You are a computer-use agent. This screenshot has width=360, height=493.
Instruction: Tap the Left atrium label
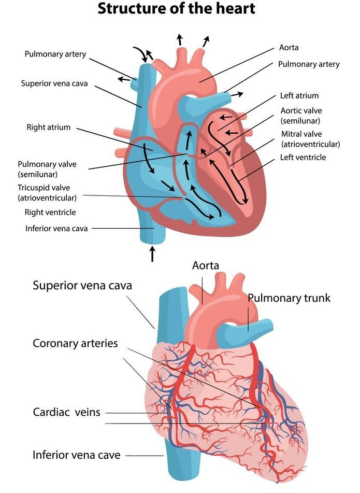(x=299, y=95)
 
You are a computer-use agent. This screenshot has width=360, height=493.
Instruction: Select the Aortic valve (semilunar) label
(x=300, y=115)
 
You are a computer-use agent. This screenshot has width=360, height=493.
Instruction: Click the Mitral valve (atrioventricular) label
(x=310, y=139)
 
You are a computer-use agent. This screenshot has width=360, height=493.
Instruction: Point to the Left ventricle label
(x=303, y=157)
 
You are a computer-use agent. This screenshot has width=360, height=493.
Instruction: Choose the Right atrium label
(x=48, y=127)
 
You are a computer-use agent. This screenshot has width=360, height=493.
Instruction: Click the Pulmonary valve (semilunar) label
(x=47, y=169)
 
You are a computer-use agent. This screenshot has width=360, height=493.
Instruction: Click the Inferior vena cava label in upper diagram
(x=56, y=228)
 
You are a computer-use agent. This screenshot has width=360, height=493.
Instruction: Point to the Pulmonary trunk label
(x=289, y=298)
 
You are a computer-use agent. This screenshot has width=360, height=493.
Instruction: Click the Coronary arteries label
(x=75, y=343)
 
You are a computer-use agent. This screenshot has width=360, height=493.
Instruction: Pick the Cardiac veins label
(x=66, y=413)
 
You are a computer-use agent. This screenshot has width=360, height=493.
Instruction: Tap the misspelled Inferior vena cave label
(x=76, y=455)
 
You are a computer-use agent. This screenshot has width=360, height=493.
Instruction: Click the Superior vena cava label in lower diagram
(x=82, y=285)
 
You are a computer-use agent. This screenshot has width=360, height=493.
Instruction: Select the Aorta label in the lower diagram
(x=206, y=265)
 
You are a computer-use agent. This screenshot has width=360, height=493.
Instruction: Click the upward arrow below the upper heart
(x=152, y=253)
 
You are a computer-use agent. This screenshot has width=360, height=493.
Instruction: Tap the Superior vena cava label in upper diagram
(x=56, y=83)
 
